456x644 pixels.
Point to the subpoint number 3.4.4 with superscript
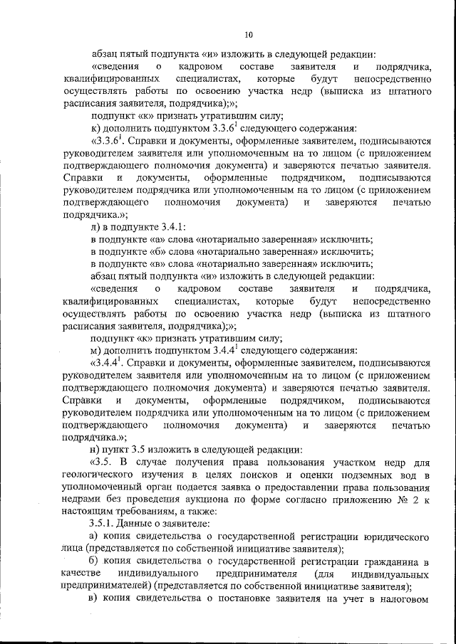tap(113, 362)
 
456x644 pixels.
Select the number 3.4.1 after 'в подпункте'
tap(172, 226)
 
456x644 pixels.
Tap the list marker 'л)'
tap(96, 226)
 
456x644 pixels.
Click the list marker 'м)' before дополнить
tap(97, 350)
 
